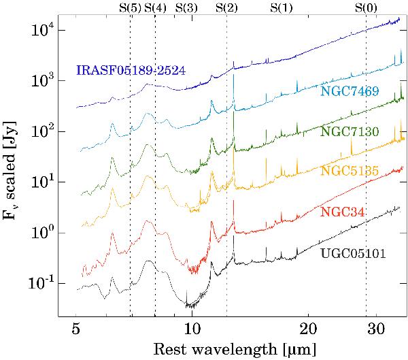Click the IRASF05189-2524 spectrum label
(x=131, y=70)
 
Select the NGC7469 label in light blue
(x=350, y=91)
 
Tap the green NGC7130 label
(x=350, y=131)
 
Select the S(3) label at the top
(x=186, y=8)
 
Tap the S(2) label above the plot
(x=226, y=8)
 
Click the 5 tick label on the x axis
(x=76, y=328)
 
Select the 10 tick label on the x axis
(x=192, y=328)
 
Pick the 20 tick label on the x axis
(x=308, y=328)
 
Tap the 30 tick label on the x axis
(x=376, y=328)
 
